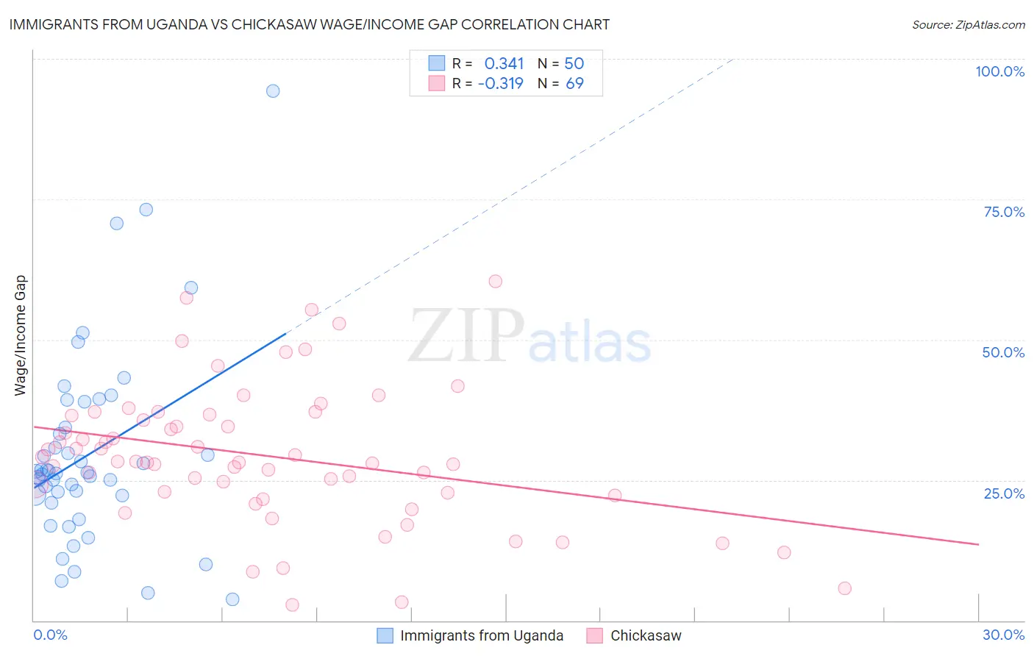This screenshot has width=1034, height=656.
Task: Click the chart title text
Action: pyautogui.click(x=309, y=24)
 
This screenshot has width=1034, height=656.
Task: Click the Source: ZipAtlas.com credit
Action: pyautogui.click(x=968, y=24)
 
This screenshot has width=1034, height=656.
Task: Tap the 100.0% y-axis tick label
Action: pyautogui.click(x=999, y=71)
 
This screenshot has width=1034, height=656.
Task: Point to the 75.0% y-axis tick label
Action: pyautogui.click(x=1004, y=212)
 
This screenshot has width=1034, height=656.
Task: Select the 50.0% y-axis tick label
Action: pyautogui.click(x=1003, y=352)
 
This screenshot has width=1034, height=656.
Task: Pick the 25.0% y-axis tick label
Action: pyautogui.click(x=1004, y=493)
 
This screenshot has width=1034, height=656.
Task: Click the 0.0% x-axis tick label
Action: pyautogui.click(x=50, y=635)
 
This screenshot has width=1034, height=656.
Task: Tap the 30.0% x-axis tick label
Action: pyautogui.click(x=1003, y=635)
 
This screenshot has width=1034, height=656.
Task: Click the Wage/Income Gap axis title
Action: pyautogui.click(x=21, y=335)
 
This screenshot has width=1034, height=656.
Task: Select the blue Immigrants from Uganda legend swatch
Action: pyautogui.click(x=385, y=635)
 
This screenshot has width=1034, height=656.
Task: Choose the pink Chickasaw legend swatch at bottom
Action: pyautogui.click(x=595, y=635)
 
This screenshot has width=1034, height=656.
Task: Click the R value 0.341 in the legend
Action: pyautogui.click(x=504, y=63)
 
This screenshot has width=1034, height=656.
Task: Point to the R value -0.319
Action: pyautogui.click(x=500, y=83)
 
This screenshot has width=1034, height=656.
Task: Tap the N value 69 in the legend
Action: pyautogui.click(x=574, y=83)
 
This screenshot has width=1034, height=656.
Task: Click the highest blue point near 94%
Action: pyautogui.click(x=273, y=91)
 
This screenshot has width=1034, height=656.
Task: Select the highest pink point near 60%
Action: pyautogui.click(x=496, y=281)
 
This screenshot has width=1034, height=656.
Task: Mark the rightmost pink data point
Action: pyautogui.click(x=844, y=588)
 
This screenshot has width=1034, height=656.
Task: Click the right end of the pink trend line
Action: pyautogui.click(x=979, y=544)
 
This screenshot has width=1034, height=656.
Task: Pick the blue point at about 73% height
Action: pyautogui.click(x=146, y=210)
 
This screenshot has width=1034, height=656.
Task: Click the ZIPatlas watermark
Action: pyautogui.click(x=530, y=337)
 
